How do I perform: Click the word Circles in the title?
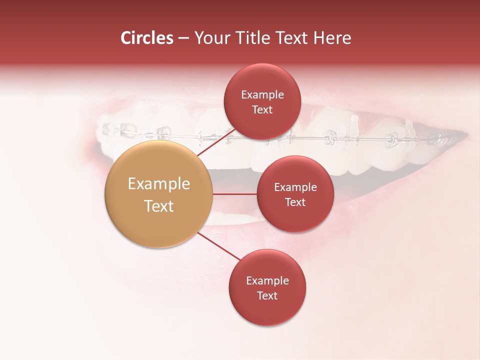pyautogui.click(x=146, y=38)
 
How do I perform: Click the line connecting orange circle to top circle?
pyautogui.click(x=216, y=142)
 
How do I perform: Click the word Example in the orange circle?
pyautogui.click(x=158, y=183)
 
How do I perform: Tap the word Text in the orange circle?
pyautogui.click(x=158, y=206)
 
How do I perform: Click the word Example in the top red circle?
pyautogui.click(x=262, y=94)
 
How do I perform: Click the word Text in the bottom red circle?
pyautogui.click(x=267, y=295)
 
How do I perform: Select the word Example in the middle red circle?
pyautogui.click(x=295, y=187)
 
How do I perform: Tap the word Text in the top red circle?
pyautogui.click(x=262, y=109)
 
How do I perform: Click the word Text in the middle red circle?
pyautogui.click(x=295, y=202)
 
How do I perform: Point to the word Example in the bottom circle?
pyautogui.click(x=267, y=280)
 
